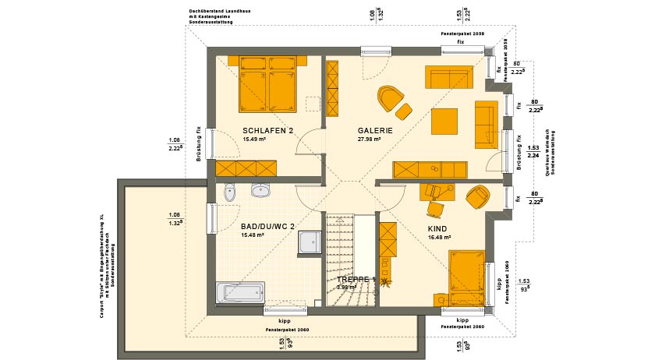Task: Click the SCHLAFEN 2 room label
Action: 267,131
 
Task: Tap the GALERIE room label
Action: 374,131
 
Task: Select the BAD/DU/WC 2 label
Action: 267,227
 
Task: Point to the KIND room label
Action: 437,229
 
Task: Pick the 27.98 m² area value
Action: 369,139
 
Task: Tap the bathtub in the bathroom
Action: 244,293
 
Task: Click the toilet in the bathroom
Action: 228,192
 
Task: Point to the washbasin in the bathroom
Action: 260,191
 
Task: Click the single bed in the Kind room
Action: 466,273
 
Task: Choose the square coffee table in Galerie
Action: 445,119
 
